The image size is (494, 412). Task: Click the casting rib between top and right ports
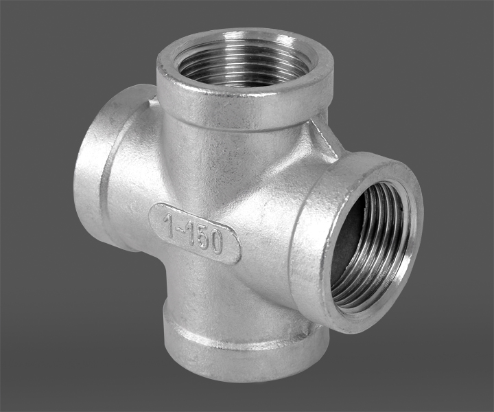325,139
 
